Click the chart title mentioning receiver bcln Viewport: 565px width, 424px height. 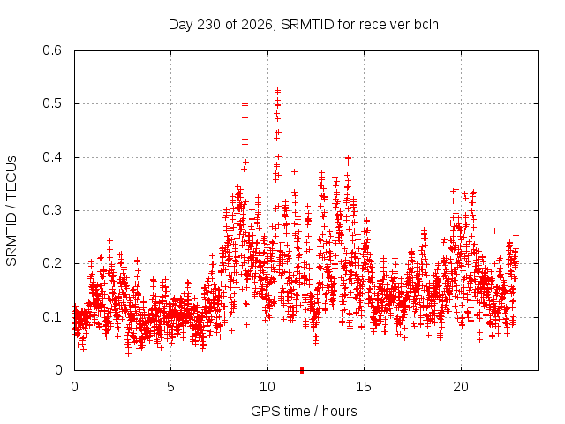click(304, 25)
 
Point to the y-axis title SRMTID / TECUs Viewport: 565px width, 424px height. click(11, 211)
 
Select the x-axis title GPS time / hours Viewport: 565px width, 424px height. click(304, 411)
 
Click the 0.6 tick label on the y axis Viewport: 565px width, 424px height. click(52, 50)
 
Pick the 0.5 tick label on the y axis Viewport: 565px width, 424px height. click(52, 103)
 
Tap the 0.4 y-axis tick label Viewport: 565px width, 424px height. click(52, 157)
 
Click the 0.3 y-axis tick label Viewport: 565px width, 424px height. click(52, 210)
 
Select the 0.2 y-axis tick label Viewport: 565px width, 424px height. click(52, 263)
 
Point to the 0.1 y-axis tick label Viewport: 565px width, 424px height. click(52, 317)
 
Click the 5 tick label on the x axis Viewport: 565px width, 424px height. click(170, 387)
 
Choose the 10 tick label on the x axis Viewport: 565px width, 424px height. click(267, 387)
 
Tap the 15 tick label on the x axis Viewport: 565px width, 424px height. click(364, 387)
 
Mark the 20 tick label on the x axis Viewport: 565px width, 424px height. click(461, 387)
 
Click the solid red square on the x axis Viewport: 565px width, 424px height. click(302, 370)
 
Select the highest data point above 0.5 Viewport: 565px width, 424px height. click(277, 91)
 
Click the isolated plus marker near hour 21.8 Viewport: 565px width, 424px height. click(494, 231)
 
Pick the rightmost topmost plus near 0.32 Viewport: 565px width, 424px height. click(516, 201)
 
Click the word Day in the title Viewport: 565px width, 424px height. click(181, 25)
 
